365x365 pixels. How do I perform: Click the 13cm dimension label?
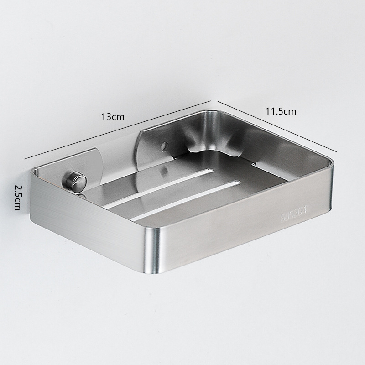click(113, 116)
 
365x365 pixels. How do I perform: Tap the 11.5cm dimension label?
click(281, 111)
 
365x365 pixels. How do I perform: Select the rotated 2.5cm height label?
click(17, 198)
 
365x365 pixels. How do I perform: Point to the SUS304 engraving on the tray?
click(294, 214)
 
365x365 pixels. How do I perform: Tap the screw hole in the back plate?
click(165, 146)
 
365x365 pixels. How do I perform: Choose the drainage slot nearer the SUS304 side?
click(186, 200)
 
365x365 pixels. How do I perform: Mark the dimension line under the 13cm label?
click(117, 130)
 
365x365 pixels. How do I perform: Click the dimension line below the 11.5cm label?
click(277, 126)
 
